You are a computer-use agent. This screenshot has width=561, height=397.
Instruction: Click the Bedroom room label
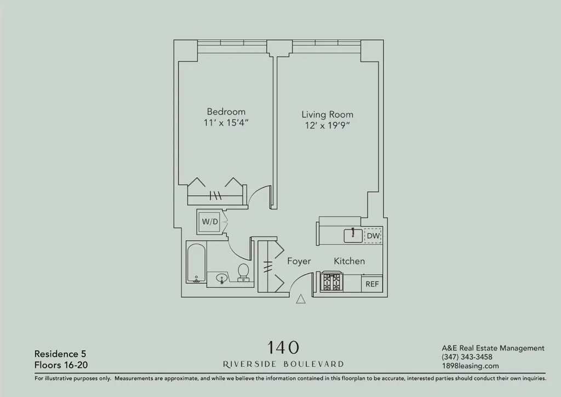pos(226,111)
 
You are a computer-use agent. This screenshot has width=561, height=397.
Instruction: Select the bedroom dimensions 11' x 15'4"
pos(226,123)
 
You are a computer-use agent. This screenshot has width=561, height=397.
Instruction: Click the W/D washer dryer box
pos(210,222)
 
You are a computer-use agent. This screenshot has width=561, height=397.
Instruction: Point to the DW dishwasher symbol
pos(373,236)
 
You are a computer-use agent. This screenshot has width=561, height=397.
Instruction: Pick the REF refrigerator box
pos(372,284)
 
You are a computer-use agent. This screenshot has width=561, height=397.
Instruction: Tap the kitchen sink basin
pos(353,236)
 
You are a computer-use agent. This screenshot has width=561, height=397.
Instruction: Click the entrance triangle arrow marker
pos(300,299)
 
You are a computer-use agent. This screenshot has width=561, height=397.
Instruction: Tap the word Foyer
pos(299,262)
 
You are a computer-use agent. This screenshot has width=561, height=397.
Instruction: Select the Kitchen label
pos(349,262)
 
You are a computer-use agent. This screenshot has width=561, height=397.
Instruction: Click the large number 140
pos(283,347)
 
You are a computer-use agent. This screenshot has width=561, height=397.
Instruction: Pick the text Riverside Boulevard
pos(283,364)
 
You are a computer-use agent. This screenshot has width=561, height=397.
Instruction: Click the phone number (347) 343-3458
pos(467,357)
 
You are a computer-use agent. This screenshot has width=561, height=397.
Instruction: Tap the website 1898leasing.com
pos(470,366)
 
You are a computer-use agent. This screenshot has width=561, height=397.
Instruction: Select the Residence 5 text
pos(60,354)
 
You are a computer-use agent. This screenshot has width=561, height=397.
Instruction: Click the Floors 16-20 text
pos(60,364)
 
